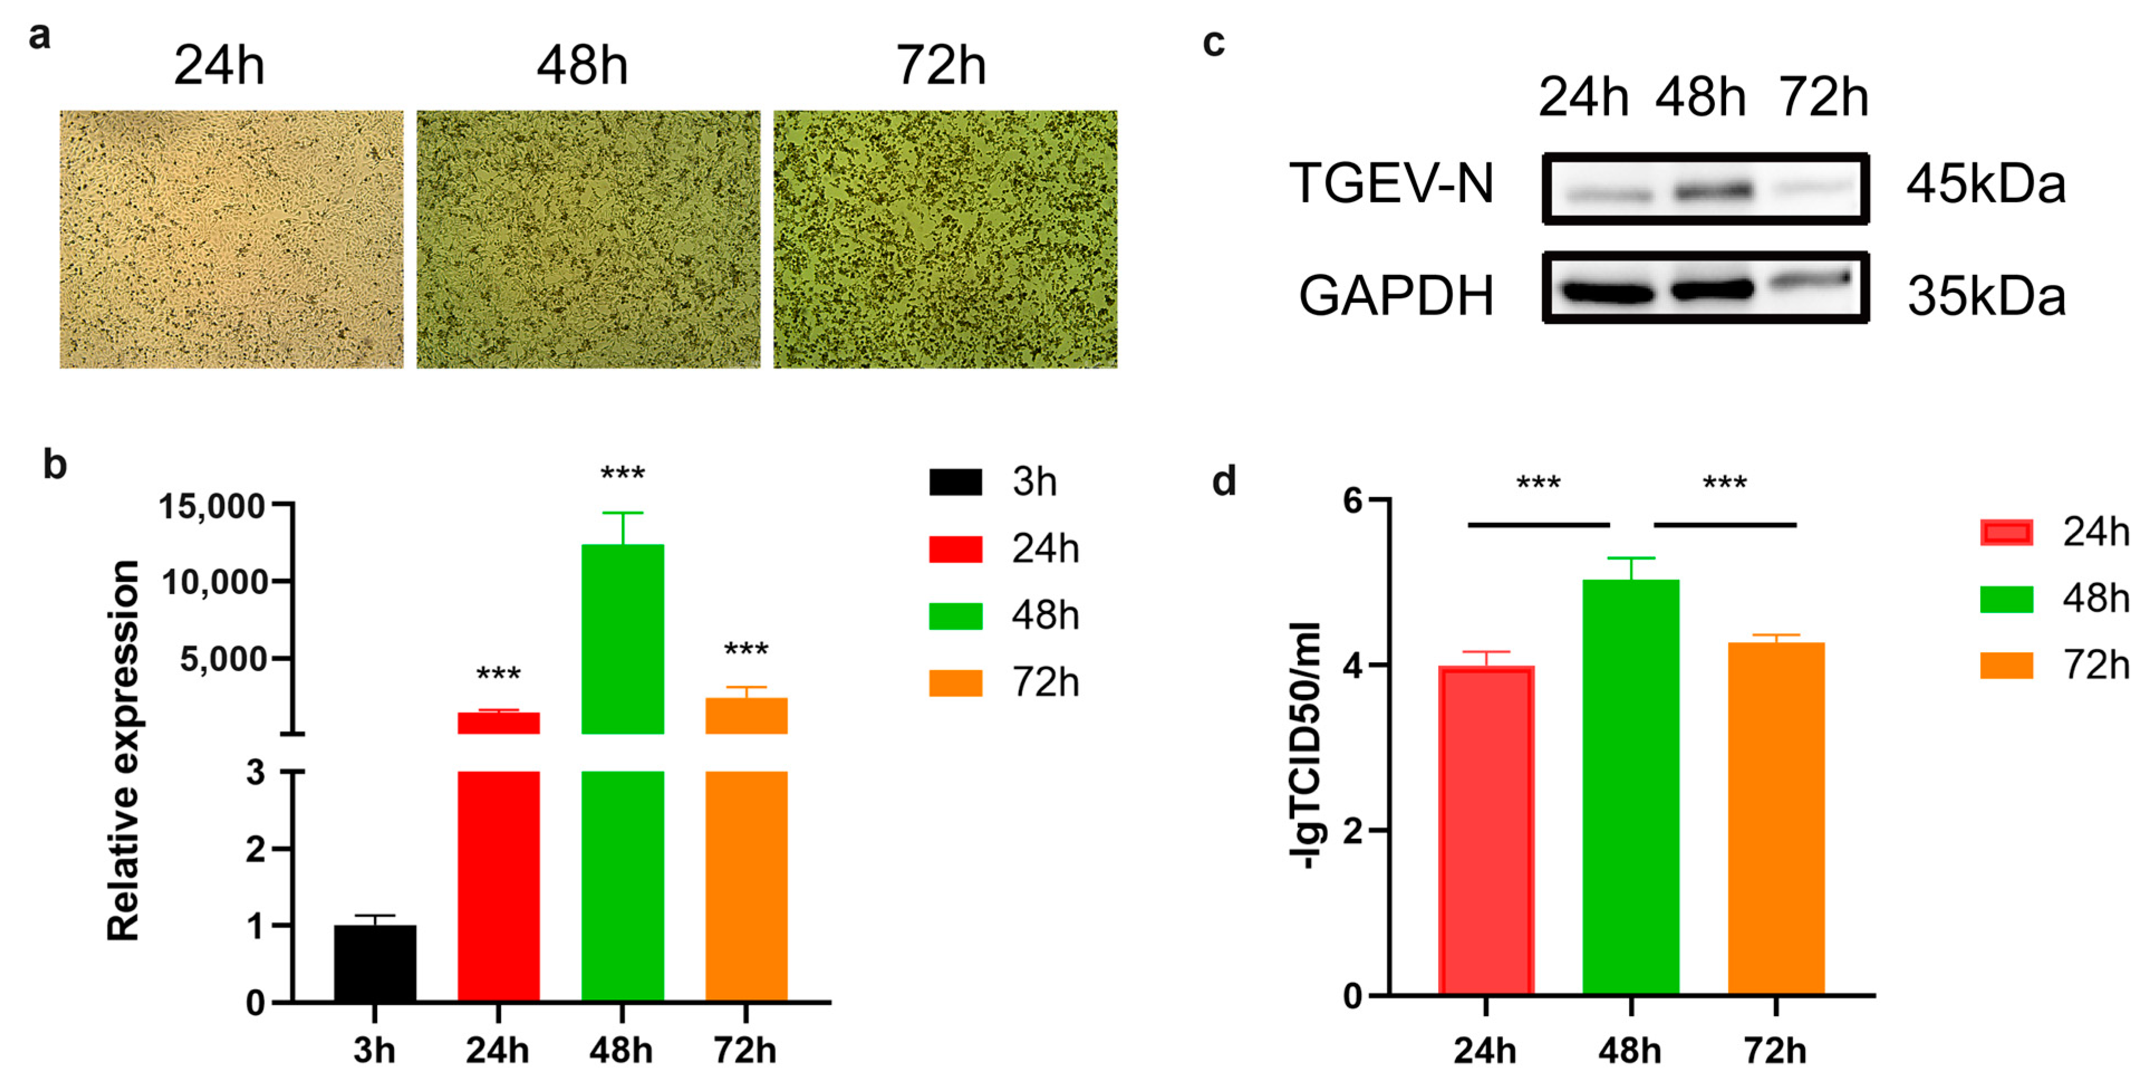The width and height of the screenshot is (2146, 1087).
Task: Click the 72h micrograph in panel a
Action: [x=945, y=239]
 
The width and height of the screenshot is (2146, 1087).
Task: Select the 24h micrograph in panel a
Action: [x=231, y=239]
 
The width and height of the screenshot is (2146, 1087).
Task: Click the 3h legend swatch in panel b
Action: [x=955, y=482]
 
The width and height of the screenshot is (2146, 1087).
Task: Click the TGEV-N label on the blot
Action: [x=1392, y=184]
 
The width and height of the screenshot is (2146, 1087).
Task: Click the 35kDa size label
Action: [x=1986, y=297]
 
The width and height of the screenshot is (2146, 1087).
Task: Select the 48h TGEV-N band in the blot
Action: [x=1714, y=192]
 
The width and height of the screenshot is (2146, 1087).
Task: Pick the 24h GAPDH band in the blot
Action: [x=1608, y=292]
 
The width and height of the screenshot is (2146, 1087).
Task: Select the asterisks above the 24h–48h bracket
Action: [x=1538, y=484]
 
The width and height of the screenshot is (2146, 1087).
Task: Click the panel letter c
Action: [x=1214, y=42]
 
